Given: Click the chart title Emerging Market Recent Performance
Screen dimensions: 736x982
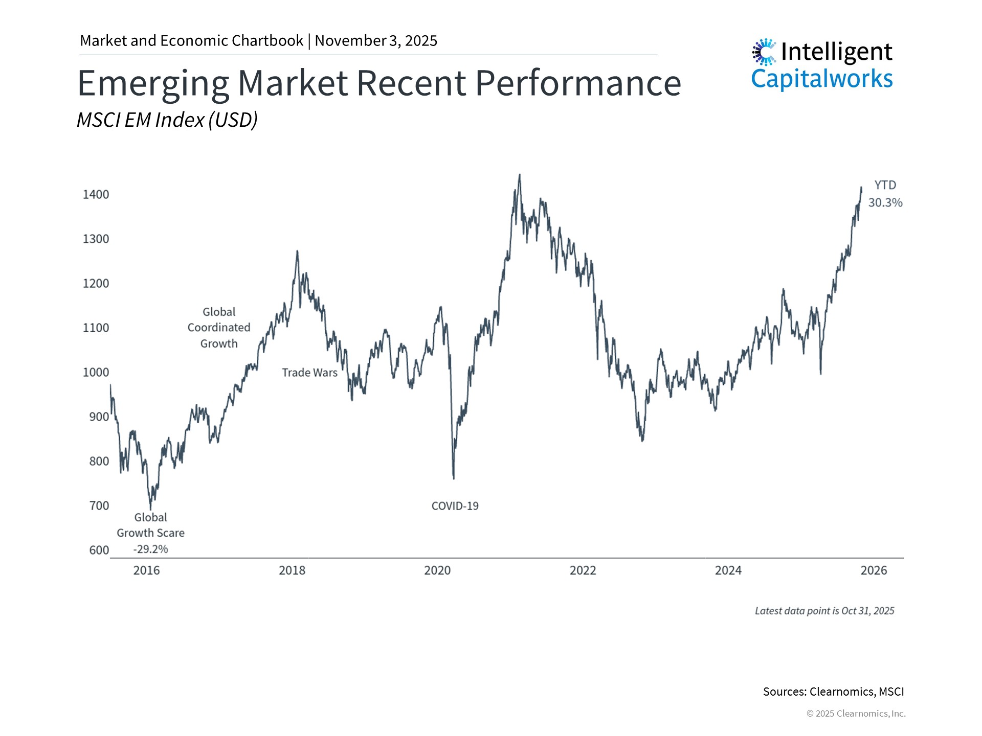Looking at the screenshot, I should [x=378, y=83].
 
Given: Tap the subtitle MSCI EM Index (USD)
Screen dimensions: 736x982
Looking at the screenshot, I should [x=167, y=120].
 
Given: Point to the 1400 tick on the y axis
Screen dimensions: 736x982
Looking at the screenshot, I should [x=96, y=194].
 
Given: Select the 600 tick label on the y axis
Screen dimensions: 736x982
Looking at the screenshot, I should [x=99, y=550].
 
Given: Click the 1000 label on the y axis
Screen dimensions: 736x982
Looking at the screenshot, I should [x=96, y=372].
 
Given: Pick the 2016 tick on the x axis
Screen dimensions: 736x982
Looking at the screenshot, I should [x=146, y=570].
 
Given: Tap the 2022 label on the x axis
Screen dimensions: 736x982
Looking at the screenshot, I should [x=583, y=570].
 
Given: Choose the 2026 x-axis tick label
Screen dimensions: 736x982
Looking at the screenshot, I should [x=873, y=570].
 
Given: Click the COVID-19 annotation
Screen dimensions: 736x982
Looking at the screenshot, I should [x=455, y=506].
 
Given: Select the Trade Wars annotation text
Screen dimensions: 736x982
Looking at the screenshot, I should [x=309, y=373].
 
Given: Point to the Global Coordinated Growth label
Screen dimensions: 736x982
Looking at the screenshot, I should [x=219, y=327].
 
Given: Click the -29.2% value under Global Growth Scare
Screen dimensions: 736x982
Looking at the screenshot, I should [x=150, y=549].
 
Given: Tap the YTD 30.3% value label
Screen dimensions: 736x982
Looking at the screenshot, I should [x=885, y=202].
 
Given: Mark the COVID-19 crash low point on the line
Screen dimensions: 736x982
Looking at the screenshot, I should [x=454, y=478].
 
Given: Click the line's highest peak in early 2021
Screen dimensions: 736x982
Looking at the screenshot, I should [x=520, y=175].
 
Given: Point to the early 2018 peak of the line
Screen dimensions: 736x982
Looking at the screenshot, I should [x=297, y=251].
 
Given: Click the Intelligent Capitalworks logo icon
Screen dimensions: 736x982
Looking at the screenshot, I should [x=764, y=52].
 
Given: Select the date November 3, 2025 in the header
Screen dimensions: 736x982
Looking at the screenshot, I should [x=376, y=41].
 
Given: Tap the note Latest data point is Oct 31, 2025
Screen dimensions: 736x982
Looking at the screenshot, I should [x=824, y=611].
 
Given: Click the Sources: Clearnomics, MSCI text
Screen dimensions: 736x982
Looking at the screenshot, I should [x=833, y=692].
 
